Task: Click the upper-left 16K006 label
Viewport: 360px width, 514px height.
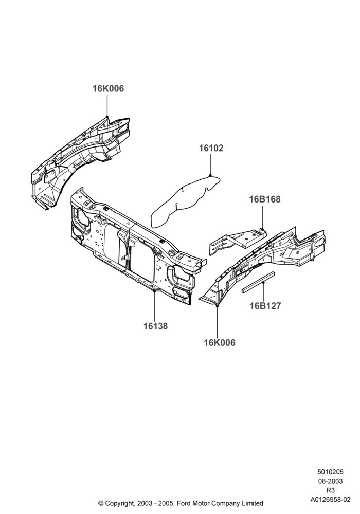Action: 108,88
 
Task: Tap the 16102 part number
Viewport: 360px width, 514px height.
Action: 211,148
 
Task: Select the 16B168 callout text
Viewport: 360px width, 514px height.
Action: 265,199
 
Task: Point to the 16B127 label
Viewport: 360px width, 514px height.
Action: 265,306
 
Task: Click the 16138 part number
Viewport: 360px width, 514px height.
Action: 155,326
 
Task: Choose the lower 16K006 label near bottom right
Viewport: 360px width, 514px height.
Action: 220,342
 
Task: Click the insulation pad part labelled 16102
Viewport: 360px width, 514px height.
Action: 185,200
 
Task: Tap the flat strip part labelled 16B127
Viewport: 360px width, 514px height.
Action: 258,282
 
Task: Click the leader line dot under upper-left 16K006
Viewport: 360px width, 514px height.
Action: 107,117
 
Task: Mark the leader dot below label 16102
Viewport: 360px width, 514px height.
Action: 210,176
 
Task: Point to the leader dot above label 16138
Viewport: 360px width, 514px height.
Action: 155,290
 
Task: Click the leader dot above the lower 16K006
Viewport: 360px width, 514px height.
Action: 217,305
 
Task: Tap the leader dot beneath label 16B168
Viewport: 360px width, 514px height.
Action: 262,229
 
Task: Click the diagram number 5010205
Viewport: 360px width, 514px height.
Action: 330,472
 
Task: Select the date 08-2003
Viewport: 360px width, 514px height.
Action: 330,481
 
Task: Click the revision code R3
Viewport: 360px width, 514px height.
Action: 330,490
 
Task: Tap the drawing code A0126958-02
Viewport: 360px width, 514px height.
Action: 330,500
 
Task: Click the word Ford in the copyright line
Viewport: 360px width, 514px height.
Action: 185,503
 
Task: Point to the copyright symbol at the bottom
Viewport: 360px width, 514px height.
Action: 101,503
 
